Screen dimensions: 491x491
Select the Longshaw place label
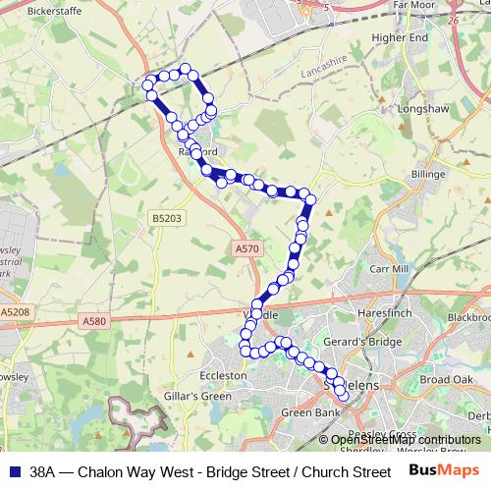click(x=424, y=111)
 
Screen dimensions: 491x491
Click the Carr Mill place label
click(x=387, y=267)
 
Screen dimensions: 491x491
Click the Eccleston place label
click(x=223, y=375)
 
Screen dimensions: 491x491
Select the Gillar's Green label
click(x=203, y=396)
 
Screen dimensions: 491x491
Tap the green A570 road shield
click(x=247, y=249)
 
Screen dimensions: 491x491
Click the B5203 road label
click(x=166, y=217)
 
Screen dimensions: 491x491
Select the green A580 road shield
click(x=94, y=320)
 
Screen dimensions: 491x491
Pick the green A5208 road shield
click(x=15, y=311)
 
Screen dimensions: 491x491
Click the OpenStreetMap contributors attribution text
click(x=407, y=439)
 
